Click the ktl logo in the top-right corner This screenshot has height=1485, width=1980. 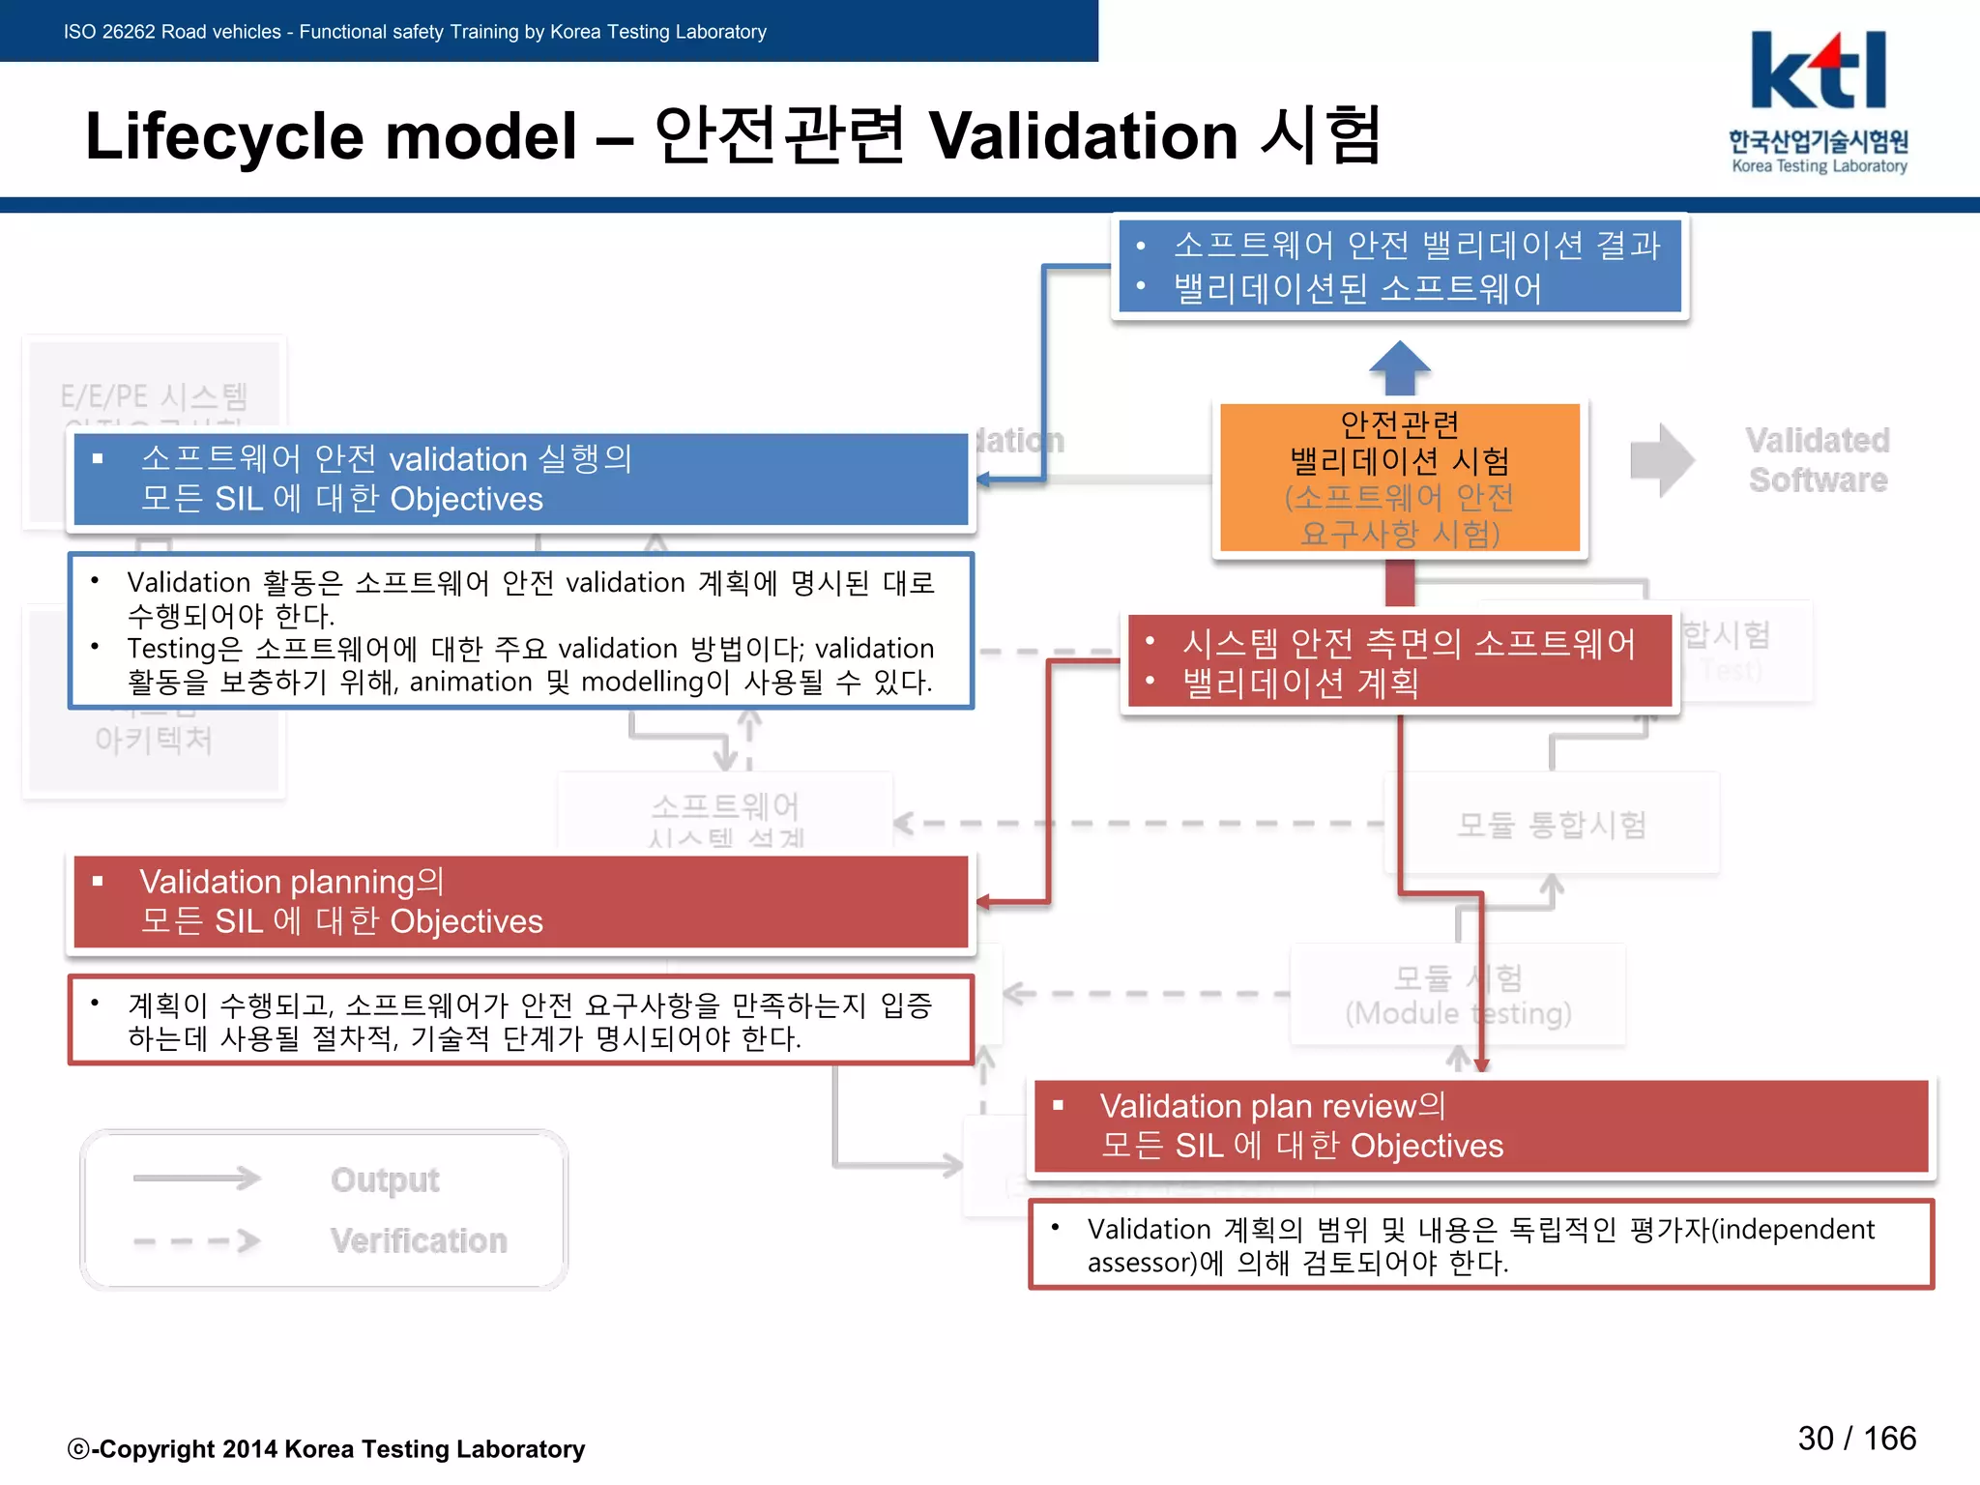pyautogui.click(x=1818, y=101)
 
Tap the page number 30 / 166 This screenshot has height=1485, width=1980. pyautogui.click(x=1856, y=1438)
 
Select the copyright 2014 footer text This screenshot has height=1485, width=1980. pyautogui.click(x=327, y=1448)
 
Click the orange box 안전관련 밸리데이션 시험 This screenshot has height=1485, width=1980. pyautogui.click(x=1399, y=478)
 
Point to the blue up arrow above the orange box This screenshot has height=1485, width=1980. pyautogui.click(x=1399, y=366)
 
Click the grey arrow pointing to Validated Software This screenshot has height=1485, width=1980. pyautogui.click(x=1661, y=460)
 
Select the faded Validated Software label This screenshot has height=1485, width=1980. pyautogui.click(x=1818, y=460)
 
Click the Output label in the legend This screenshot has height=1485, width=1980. pyautogui.click(x=385, y=1179)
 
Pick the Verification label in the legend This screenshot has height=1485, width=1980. pyautogui.click(x=419, y=1240)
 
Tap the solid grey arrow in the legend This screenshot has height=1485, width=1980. pyautogui.click(x=197, y=1178)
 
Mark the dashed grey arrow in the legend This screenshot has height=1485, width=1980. pyautogui.click(x=197, y=1240)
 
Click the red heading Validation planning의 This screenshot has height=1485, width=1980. pyautogui.click(x=292, y=882)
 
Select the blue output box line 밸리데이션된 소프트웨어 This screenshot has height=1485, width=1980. pyautogui.click(x=1357, y=288)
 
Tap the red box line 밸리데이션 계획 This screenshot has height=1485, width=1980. pyautogui.click(x=1300, y=684)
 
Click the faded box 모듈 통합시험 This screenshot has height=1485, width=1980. pyautogui.click(x=1552, y=825)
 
